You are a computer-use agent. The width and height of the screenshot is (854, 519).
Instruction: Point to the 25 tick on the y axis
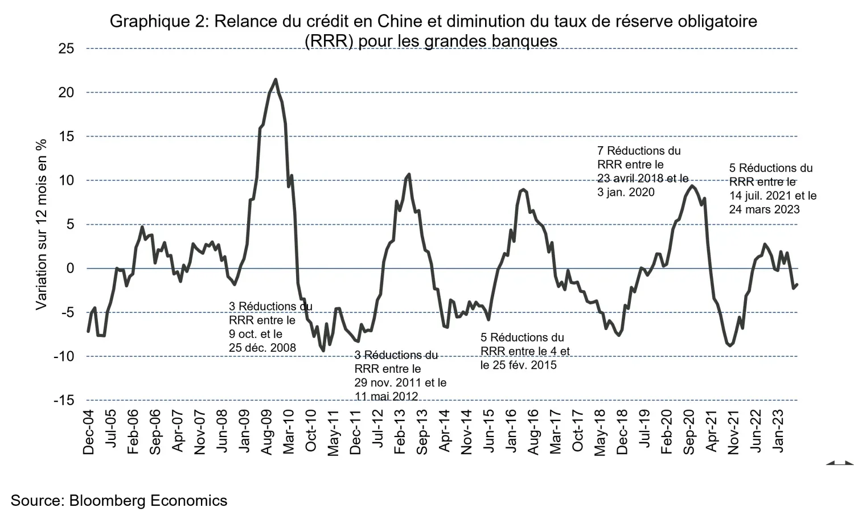(x=66, y=49)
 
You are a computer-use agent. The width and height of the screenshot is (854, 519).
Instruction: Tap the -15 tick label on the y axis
(x=63, y=401)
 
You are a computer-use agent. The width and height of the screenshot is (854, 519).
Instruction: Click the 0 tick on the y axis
(x=71, y=269)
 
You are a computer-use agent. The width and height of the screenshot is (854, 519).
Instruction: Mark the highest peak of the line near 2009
(x=276, y=80)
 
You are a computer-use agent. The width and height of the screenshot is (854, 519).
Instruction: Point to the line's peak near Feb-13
(x=409, y=174)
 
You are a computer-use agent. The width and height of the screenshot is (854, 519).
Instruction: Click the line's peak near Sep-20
(x=691, y=186)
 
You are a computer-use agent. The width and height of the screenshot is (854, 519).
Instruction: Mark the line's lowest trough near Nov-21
(x=730, y=345)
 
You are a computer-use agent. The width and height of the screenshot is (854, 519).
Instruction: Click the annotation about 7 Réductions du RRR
(x=642, y=171)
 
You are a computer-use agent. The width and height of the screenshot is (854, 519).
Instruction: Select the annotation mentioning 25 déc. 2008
(x=270, y=327)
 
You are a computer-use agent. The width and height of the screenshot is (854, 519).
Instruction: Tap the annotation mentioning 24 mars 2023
(x=772, y=189)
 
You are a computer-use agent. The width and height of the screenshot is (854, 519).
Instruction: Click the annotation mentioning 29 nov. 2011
(x=400, y=376)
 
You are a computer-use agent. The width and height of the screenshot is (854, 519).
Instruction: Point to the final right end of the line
(x=797, y=285)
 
